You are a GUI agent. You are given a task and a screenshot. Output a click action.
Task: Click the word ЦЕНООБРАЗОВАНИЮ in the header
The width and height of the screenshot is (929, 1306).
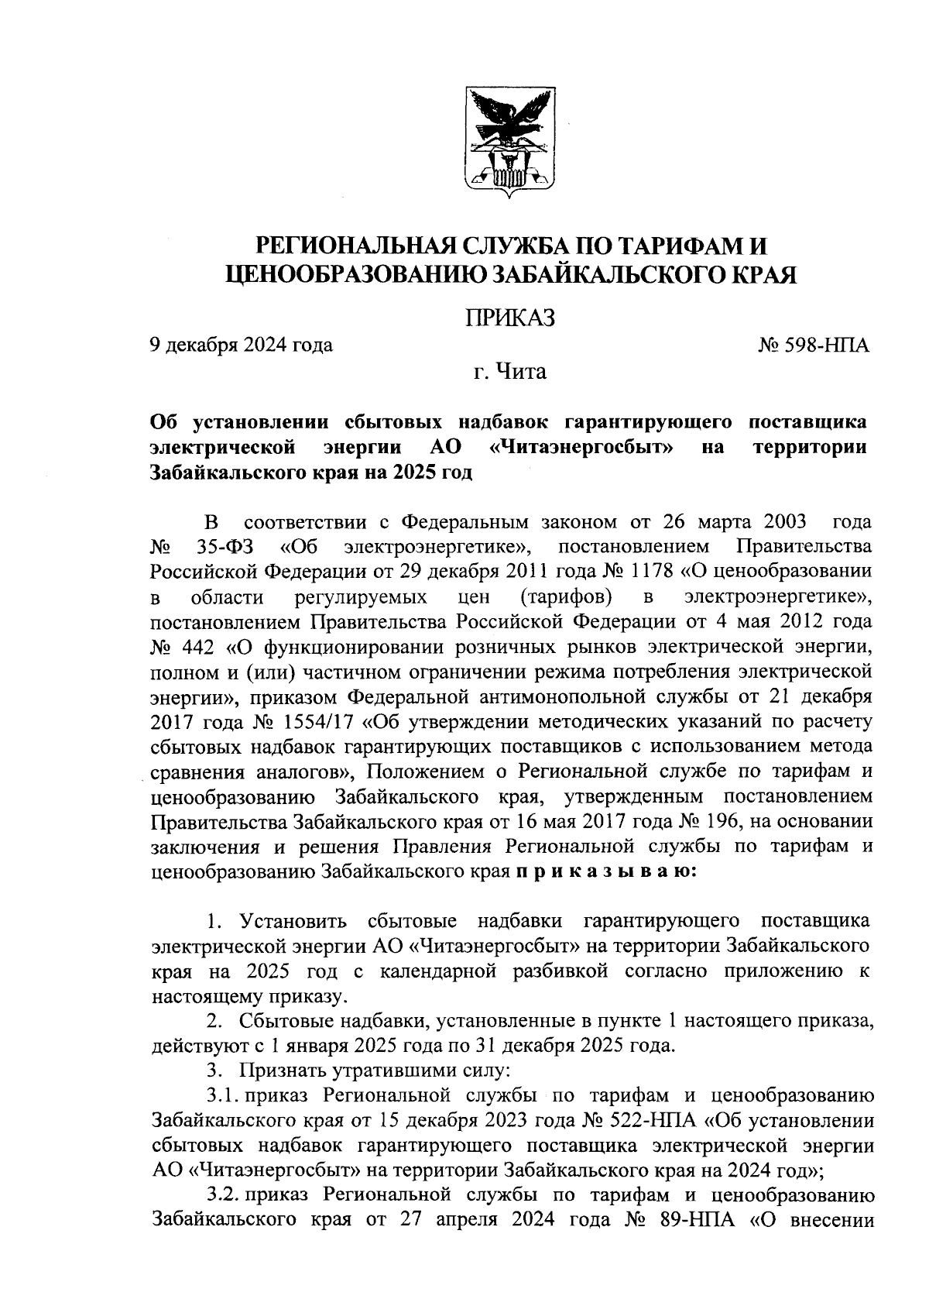[355, 273]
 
